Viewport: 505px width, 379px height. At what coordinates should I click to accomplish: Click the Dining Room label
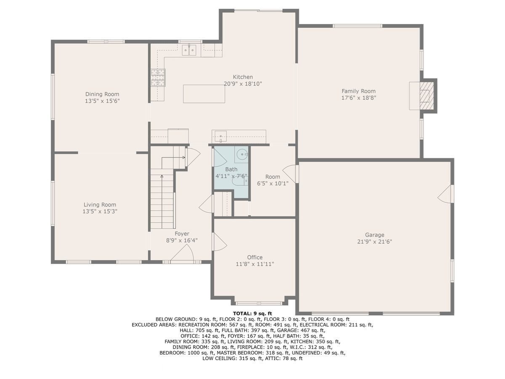point(102,94)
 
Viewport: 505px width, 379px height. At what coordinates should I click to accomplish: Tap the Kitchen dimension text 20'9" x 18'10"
point(243,84)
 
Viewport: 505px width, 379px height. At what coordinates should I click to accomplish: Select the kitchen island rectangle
point(204,93)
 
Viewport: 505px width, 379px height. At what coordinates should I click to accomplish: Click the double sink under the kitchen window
point(189,50)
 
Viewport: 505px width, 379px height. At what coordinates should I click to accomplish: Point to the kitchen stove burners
point(158,77)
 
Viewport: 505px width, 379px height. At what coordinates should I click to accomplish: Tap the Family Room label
point(359,91)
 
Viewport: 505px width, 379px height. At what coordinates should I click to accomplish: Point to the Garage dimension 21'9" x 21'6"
point(375,242)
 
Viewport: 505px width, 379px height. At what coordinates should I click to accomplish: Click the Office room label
point(255,257)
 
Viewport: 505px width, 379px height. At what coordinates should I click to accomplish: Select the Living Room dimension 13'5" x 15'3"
point(100,211)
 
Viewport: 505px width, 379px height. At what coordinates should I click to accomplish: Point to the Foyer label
point(182,234)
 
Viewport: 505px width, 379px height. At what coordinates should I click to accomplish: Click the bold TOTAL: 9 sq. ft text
point(252,313)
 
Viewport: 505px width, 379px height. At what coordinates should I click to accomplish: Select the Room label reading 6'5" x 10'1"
point(273,184)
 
